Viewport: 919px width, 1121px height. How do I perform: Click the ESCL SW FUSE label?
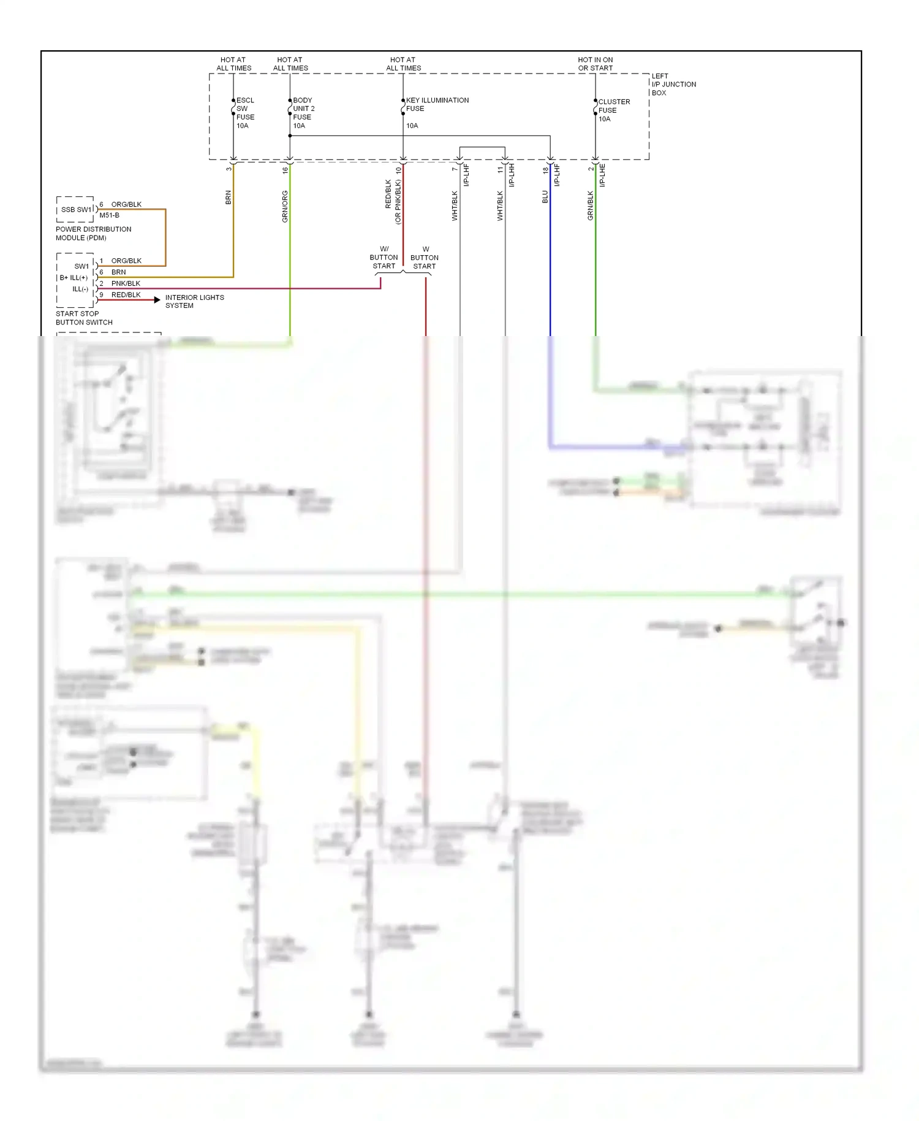(245, 113)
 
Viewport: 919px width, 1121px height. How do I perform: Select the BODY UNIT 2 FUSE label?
(303, 113)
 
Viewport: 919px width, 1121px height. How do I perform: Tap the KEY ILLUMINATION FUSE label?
(437, 104)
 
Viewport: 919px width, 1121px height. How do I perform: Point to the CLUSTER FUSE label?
(613, 110)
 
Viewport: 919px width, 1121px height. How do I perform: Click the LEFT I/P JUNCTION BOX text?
(673, 85)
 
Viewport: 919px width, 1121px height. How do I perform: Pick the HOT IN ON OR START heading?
(595, 64)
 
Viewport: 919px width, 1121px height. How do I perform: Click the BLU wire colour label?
(545, 197)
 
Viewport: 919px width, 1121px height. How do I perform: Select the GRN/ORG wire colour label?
(285, 206)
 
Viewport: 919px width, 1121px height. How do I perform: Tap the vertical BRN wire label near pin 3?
(229, 197)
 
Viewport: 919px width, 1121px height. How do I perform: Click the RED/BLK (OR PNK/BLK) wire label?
(393, 201)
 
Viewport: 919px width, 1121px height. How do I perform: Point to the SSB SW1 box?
(75, 210)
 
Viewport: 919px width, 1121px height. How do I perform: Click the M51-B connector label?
(109, 216)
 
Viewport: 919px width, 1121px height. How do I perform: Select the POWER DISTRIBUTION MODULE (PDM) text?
(93, 234)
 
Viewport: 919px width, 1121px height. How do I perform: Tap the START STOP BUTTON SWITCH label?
(84, 318)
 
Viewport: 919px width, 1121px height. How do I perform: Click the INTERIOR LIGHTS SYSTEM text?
(194, 302)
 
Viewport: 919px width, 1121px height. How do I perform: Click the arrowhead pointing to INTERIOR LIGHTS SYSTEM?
(157, 300)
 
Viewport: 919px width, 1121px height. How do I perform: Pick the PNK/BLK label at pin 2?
(126, 283)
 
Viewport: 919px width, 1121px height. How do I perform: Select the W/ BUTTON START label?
(384, 258)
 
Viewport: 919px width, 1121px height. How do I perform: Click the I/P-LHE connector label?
(602, 175)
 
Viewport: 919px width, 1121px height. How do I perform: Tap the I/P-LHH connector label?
(512, 175)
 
